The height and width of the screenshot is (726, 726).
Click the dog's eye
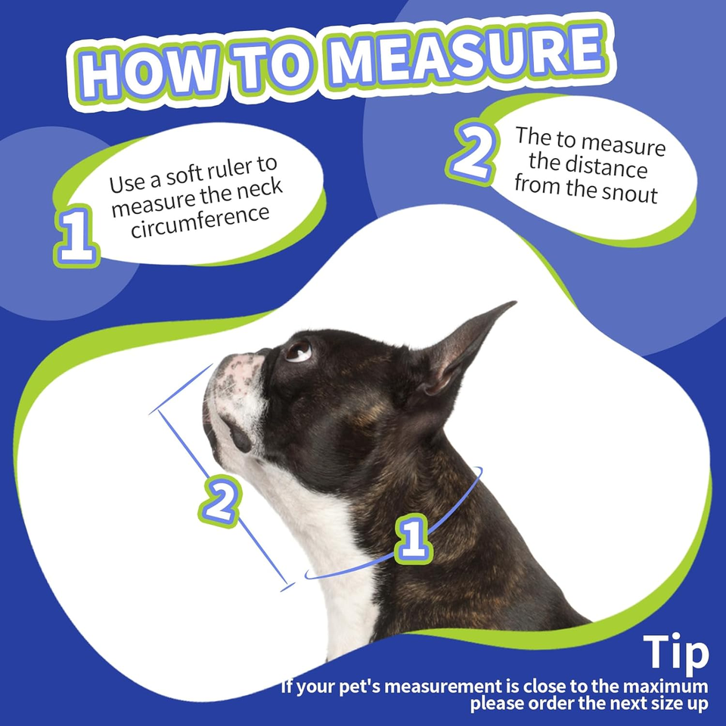pyautogui.click(x=298, y=350)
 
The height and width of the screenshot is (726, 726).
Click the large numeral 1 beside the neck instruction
pyautogui.click(x=77, y=236)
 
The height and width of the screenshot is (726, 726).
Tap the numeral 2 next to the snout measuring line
pyautogui.click(x=222, y=501)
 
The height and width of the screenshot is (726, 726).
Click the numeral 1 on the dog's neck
pyautogui.click(x=414, y=538)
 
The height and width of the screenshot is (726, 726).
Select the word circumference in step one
pyautogui.click(x=200, y=222)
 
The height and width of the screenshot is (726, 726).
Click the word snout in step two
pyautogui.click(x=630, y=193)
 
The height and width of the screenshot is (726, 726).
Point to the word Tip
pyautogui.click(x=676, y=652)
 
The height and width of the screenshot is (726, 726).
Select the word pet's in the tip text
pyautogui.click(x=358, y=686)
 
